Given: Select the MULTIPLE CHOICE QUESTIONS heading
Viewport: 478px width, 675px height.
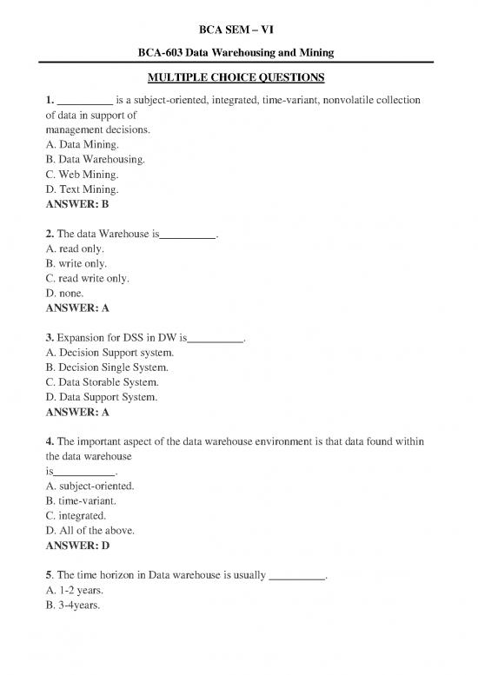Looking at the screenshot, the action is coord(237,77).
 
